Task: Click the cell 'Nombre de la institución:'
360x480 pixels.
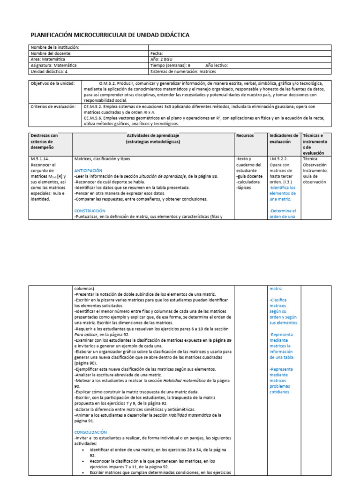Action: pyautogui.click(x=55, y=47)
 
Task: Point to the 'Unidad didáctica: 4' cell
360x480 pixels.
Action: pyautogui.click(x=49, y=72)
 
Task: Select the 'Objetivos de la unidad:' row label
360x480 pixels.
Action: pyautogui.click(x=52, y=83)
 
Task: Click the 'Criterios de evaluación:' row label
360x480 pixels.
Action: pyautogui.click(x=53, y=106)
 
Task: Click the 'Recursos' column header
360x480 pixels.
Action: pyautogui.click(x=245, y=135)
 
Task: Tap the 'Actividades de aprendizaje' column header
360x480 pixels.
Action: pyautogui.click(x=153, y=135)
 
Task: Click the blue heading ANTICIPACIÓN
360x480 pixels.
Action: pyautogui.click(x=89, y=171)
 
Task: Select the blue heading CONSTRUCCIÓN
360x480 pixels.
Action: pyautogui.click(x=90, y=211)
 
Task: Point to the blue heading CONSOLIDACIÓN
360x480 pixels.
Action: pyautogui.click(x=91, y=432)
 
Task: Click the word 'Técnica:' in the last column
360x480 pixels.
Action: pyautogui.click(x=311, y=159)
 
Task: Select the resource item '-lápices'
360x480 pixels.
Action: pyautogui.click(x=246, y=187)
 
